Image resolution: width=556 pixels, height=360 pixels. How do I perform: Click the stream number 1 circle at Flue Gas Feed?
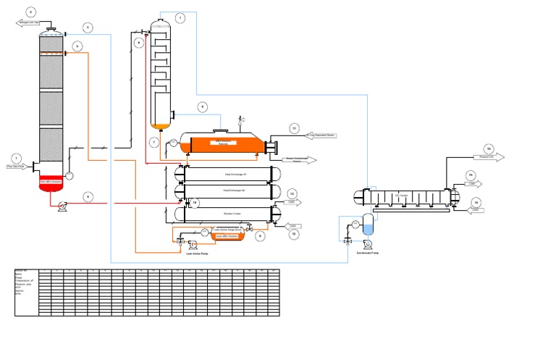click(x=16, y=158)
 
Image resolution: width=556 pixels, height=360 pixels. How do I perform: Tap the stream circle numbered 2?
click(x=30, y=12)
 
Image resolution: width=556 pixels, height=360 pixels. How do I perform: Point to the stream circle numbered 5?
click(x=87, y=196)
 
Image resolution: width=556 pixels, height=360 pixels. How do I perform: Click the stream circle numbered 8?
click(x=203, y=106)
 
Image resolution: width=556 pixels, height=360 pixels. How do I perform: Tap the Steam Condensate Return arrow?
click(x=301, y=160)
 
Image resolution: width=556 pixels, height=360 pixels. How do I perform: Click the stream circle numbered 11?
click(x=294, y=128)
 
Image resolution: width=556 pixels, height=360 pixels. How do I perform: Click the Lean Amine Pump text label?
click(x=198, y=254)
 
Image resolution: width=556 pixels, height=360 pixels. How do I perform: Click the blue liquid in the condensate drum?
click(x=368, y=229)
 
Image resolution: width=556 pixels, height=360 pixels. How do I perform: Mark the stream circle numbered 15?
click(x=471, y=175)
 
